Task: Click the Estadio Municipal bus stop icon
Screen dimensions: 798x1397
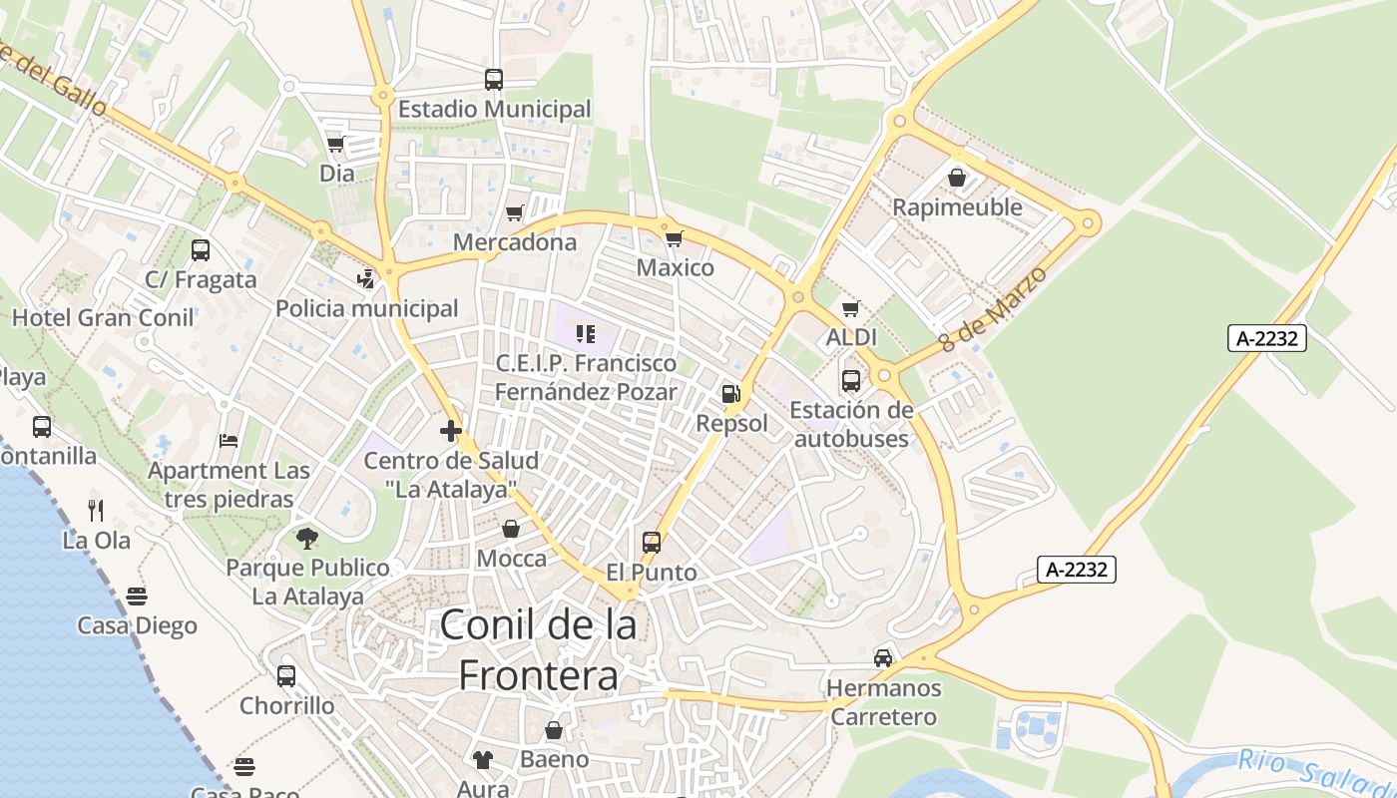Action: [x=494, y=80]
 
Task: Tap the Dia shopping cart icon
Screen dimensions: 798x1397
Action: [x=335, y=145]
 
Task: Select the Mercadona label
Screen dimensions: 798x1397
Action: [x=515, y=242]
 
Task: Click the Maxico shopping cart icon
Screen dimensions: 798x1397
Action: [x=675, y=238]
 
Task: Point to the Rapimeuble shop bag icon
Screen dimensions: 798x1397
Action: [x=957, y=178]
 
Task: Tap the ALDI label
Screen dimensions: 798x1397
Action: [x=851, y=337]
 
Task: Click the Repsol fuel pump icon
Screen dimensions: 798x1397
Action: [x=731, y=394]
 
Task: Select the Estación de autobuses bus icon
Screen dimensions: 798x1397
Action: [x=851, y=381]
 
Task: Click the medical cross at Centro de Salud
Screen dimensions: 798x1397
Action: [x=451, y=432]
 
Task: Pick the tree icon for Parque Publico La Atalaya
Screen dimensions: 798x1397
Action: [x=307, y=539]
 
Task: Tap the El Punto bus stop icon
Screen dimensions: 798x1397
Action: [x=652, y=543]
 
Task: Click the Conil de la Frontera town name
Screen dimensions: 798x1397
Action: [x=538, y=650]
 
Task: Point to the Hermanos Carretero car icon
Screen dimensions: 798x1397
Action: [x=883, y=658]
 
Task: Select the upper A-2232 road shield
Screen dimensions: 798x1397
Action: [x=1266, y=338]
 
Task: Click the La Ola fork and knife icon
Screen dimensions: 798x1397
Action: [x=96, y=511]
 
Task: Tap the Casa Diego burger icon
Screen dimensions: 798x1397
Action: [x=137, y=597]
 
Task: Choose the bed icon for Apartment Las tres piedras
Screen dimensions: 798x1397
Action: [x=229, y=441]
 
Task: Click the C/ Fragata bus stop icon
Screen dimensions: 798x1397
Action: [x=201, y=250]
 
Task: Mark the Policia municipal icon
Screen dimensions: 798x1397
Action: [x=366, y=279]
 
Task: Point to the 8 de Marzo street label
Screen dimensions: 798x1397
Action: [x=994, y=308]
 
